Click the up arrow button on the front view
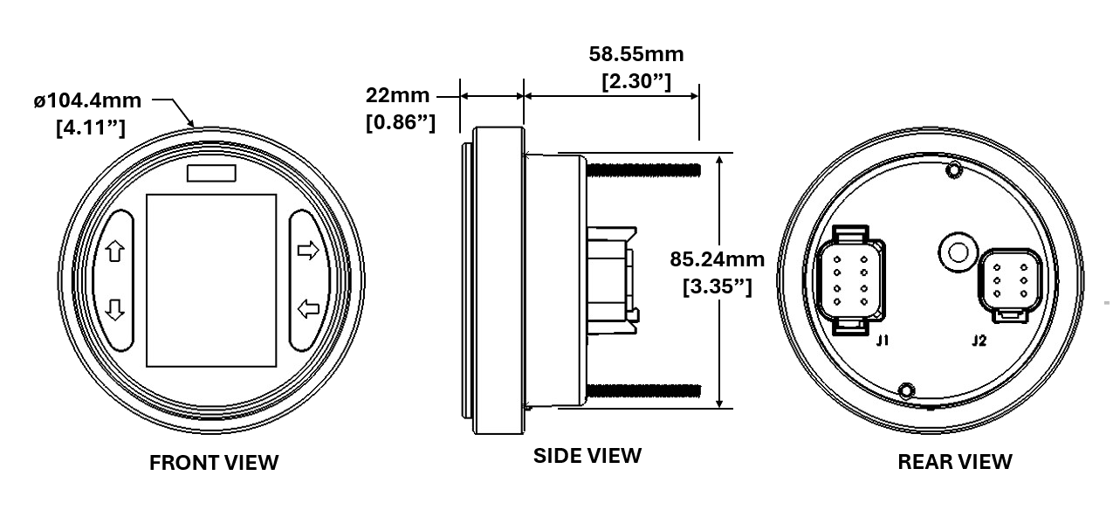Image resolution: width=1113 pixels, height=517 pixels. (115, 251)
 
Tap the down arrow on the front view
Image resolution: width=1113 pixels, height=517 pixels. (115, 310)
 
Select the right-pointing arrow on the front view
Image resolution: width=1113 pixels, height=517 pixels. (308, 250)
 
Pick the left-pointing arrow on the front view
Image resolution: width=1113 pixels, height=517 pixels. (308, 308)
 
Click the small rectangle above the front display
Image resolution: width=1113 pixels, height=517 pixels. (211, 173)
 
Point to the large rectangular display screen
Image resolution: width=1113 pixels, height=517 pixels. (211, 280)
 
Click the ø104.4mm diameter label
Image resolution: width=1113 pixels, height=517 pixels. (87, 100)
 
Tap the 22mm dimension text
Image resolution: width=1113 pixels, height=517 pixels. (397, 95)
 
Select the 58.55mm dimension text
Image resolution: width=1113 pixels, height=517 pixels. (636, 54)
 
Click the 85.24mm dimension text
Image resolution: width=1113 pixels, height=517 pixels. (717, 259)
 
